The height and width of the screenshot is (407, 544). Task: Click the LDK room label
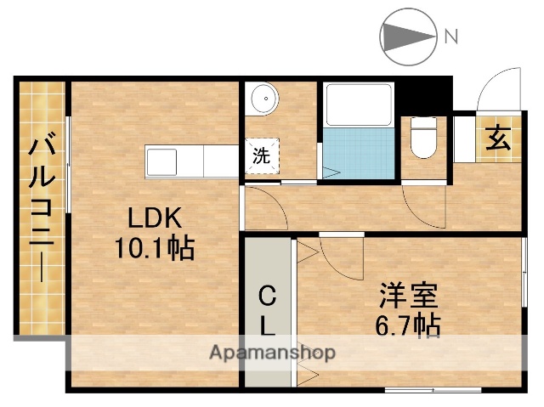click(154, 218)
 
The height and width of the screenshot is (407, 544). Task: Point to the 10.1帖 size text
click(154, 248)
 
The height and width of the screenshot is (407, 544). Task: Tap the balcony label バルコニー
click(41, 208)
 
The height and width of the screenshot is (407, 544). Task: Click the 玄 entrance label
click(498, 138)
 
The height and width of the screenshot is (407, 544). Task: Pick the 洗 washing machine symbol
click(262, 156)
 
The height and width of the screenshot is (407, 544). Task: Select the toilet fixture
click(422, 137)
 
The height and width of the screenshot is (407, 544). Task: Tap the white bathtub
click(359, 104)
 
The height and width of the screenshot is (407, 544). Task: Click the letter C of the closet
click(266, 297)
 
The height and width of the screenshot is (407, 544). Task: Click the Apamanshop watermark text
click(272, 352)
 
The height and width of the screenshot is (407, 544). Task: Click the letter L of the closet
click(266, 325)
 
